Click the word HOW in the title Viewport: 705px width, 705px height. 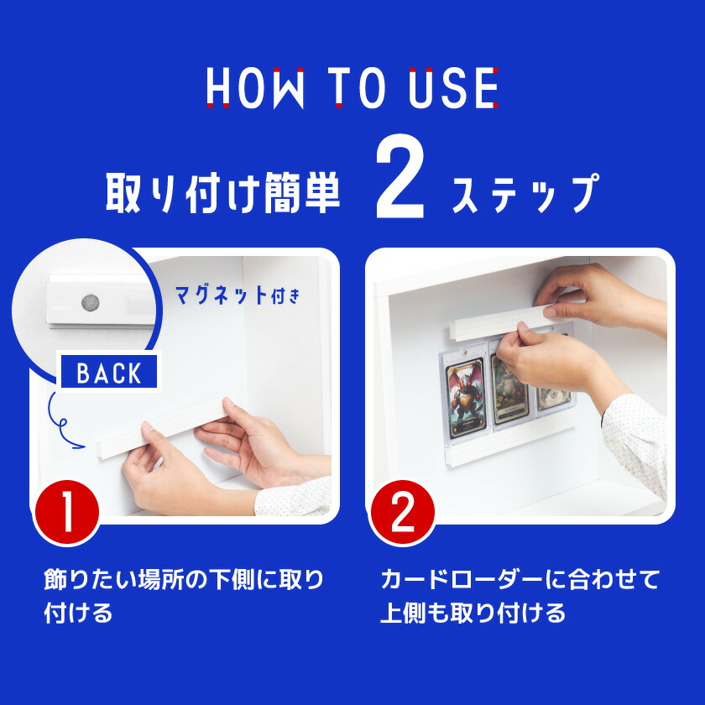point(254,87)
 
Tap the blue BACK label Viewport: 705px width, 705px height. point(109,373)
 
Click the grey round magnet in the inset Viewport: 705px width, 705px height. point(87,301)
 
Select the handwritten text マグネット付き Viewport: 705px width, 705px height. point(235,295)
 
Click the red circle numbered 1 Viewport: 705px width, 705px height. point(66,513)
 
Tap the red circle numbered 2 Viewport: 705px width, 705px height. point(402,513)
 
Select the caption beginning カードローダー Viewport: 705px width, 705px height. point(520,596)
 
